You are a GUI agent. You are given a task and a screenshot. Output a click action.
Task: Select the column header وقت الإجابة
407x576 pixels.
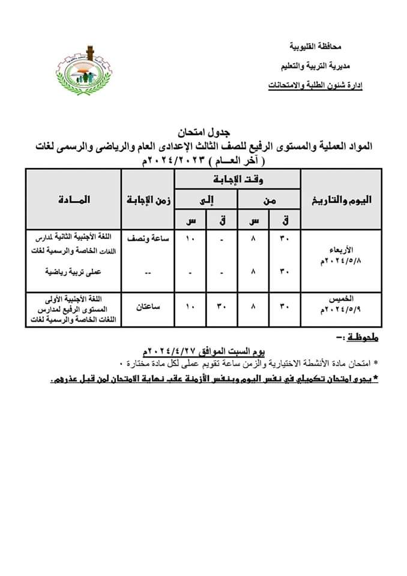[238, 179]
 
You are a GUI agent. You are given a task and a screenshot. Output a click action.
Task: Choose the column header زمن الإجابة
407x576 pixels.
[148, 200]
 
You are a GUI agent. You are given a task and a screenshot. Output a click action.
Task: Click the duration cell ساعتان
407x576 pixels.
[149, 307]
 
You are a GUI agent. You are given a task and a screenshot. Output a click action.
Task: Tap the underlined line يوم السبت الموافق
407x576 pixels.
[205, 350]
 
